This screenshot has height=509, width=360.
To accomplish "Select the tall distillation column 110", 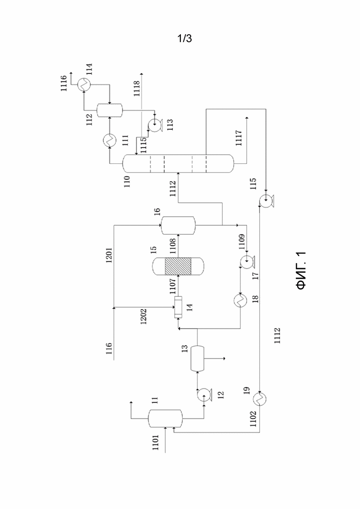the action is point(178,164).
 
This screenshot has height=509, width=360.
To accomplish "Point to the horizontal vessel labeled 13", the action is point(197,359).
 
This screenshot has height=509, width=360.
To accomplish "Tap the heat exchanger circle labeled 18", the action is point(240,301).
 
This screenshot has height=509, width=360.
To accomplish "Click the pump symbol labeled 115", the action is point(266,201).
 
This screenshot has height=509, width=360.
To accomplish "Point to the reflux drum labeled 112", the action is point(110,110).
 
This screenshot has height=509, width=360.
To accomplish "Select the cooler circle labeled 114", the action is point(84,84).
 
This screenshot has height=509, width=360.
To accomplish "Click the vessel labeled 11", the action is point(165,419).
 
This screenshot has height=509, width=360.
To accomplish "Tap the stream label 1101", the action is point(156,443).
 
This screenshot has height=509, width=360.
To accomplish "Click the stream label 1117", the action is point(240,138).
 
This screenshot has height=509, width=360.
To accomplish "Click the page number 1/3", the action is point(184,39).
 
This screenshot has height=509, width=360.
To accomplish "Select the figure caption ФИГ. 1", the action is point(301,270).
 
